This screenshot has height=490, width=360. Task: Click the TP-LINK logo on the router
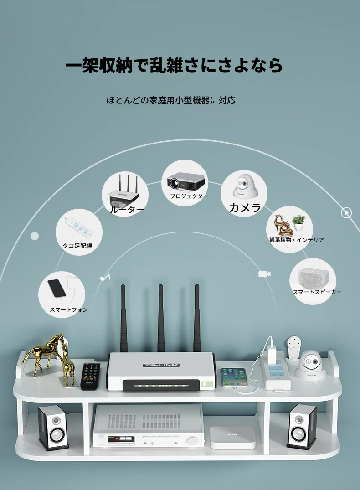tap(161, 365)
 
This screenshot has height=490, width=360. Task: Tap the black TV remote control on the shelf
tap(90, 376)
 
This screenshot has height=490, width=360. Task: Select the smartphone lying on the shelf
tap(234, 377)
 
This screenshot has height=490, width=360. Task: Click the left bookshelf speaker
tap(53, 428)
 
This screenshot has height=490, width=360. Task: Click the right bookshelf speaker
tap(302, 427)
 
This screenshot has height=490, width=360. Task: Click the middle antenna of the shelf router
tap(161, 318)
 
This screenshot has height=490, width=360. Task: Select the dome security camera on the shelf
tap(310, 365)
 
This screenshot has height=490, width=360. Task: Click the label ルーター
tap(127, 210)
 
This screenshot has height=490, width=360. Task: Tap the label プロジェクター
tap(189, 196)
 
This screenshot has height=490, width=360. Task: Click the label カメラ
tap(245, 208)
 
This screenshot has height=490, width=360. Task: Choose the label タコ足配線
tap(77, 246)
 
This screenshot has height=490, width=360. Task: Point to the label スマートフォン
tap(69, 309)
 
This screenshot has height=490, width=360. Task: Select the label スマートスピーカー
tap(317, 292)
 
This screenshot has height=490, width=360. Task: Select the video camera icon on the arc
tap(264, 274)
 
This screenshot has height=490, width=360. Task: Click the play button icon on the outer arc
tap(346, 213)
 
